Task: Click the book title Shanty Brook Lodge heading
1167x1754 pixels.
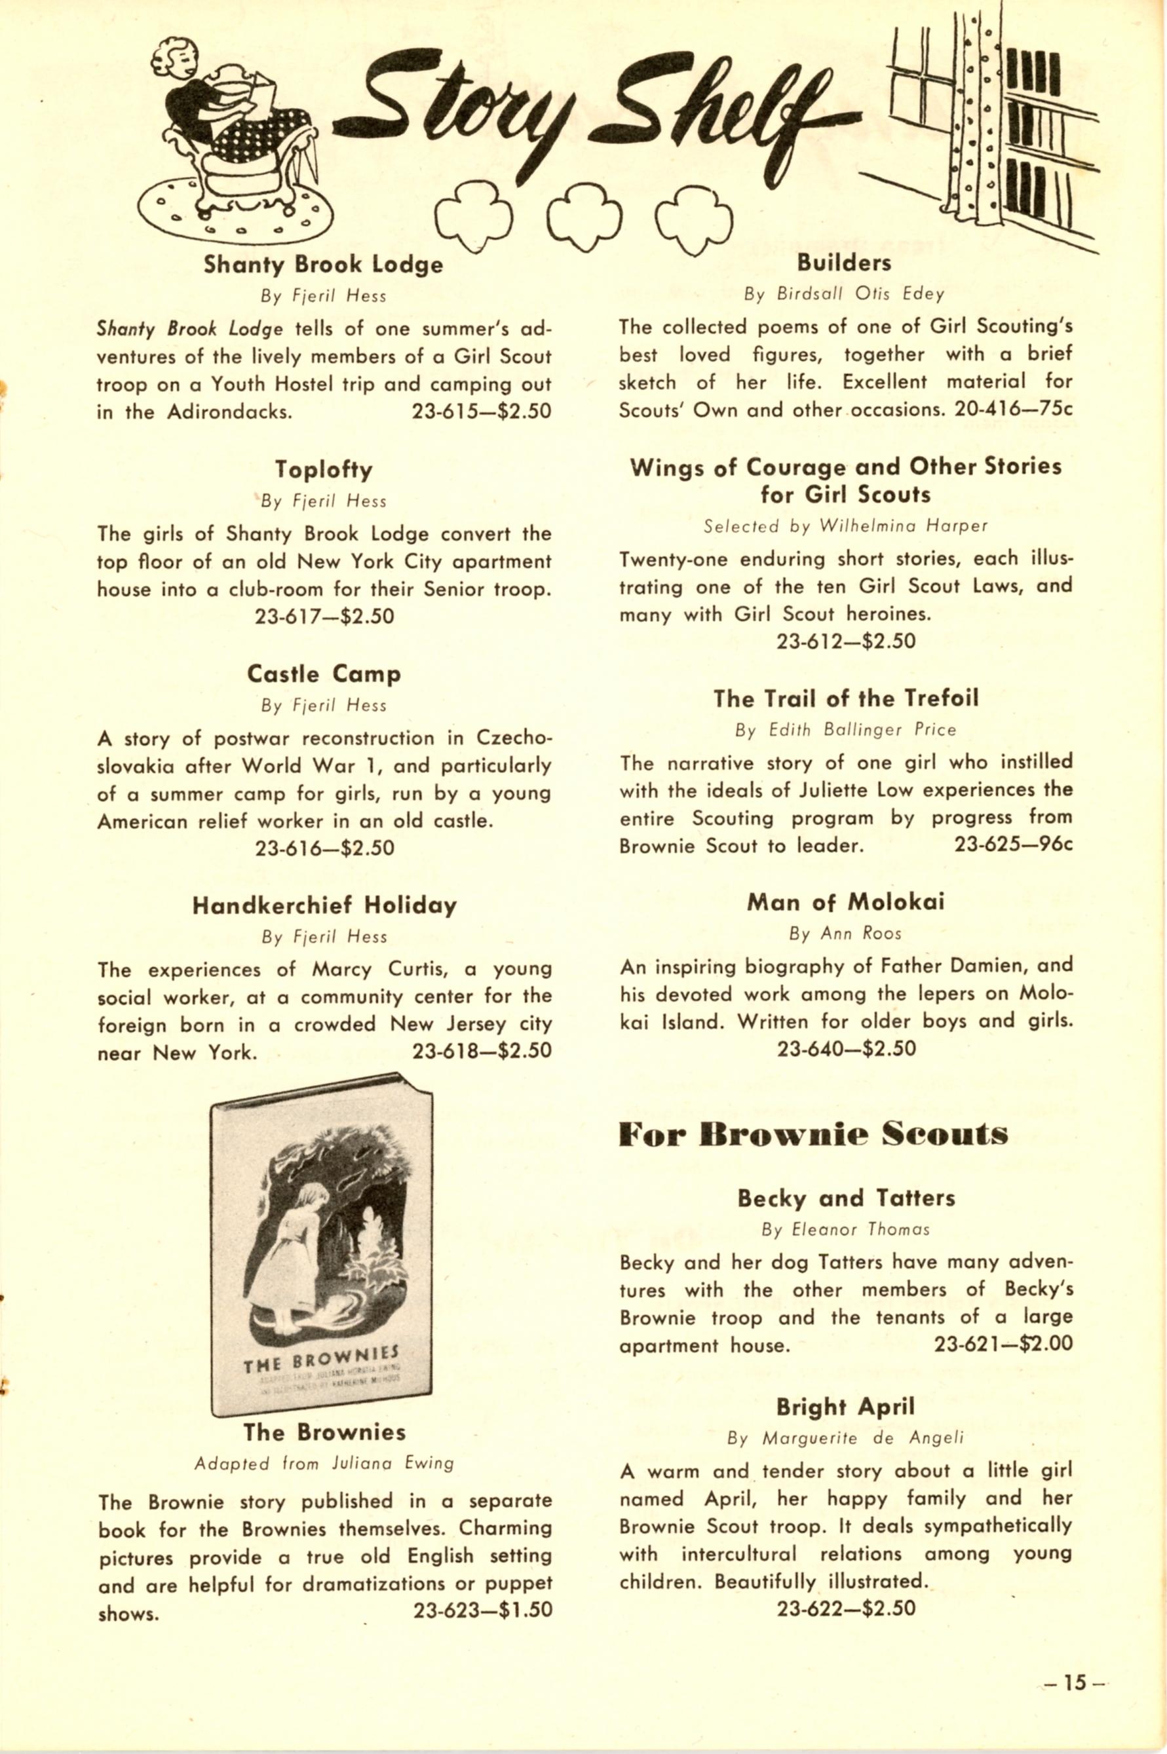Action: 323,265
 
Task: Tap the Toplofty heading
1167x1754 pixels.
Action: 323,470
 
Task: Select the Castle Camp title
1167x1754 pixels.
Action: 323,674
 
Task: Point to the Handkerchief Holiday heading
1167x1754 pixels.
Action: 324,906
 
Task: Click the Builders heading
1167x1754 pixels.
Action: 844,263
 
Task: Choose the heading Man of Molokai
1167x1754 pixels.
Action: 845,902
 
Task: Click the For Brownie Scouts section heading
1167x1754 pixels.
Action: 813,1135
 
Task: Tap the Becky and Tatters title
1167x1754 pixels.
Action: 846,1198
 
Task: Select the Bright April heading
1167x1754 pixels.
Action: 845,1407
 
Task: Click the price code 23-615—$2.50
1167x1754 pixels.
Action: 482,412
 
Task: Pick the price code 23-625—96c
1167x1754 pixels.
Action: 1013,845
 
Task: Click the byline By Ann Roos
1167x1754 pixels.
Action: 845,933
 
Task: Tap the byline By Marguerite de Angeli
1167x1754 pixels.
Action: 845,1438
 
